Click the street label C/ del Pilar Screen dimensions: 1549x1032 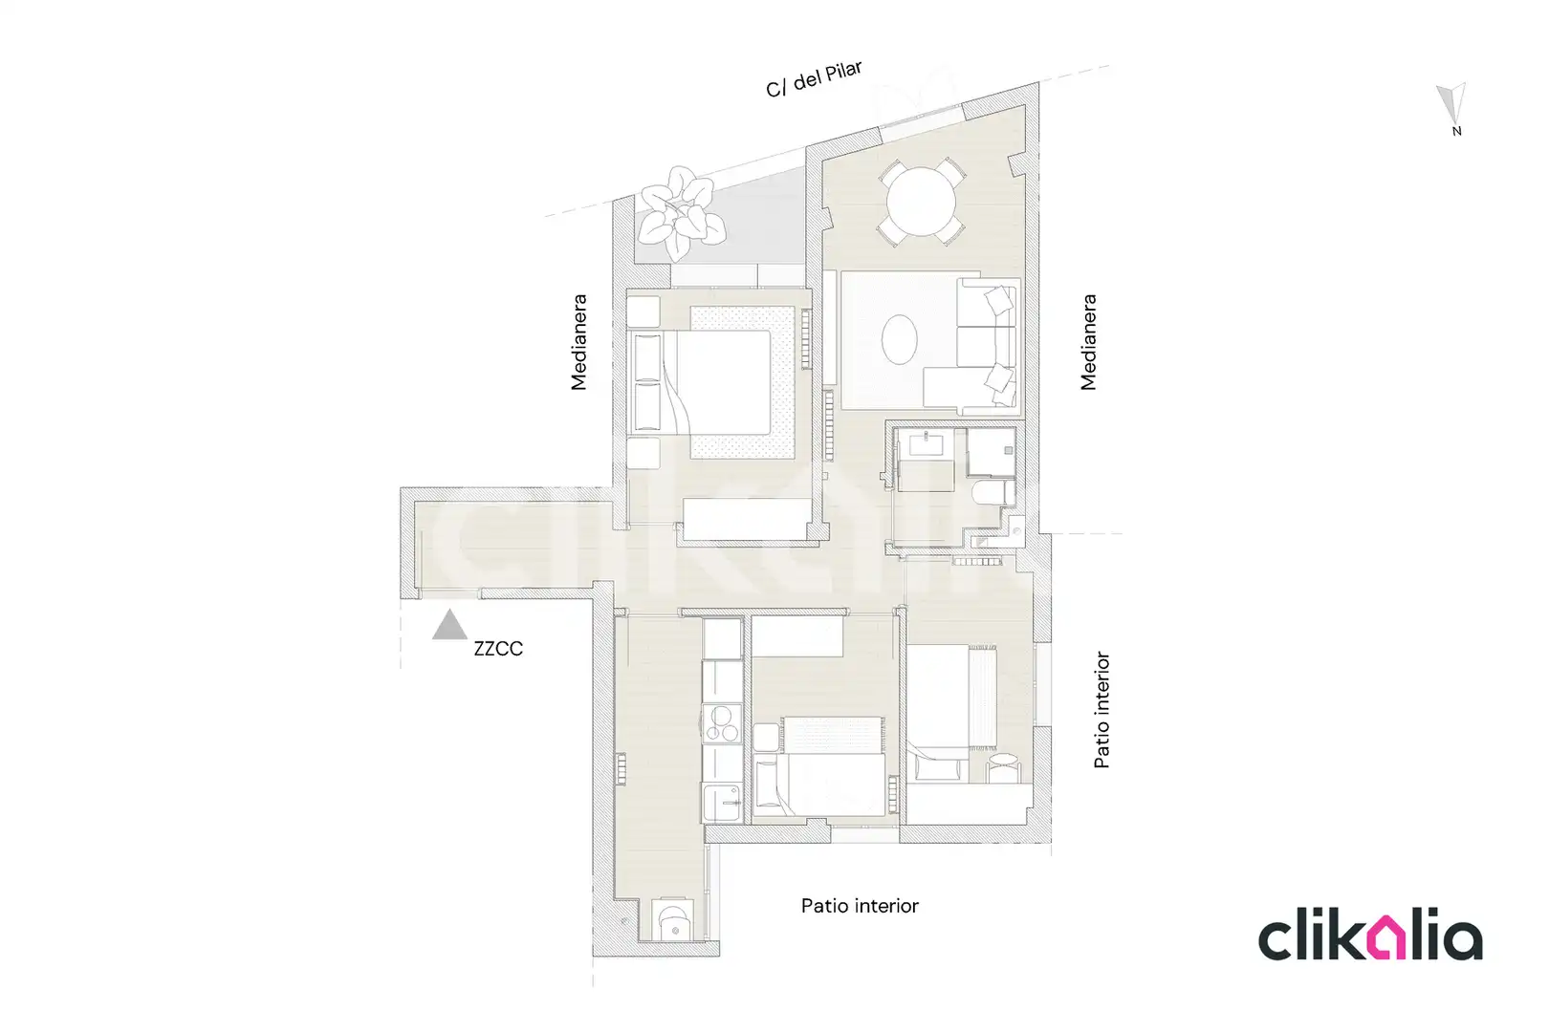[814, 79]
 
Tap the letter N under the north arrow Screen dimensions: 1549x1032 [1456, 131]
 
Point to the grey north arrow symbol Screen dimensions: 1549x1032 [1451, 104]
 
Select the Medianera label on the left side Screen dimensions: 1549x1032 [578, 342]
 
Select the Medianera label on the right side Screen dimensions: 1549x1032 [1088, 342]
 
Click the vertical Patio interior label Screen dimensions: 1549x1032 [1102, 710]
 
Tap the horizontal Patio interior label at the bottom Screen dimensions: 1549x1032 [860, 906]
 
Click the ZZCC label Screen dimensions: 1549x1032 [498, 649]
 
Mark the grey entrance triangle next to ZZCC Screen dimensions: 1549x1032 [449, 626]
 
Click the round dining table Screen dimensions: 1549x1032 [921, 203]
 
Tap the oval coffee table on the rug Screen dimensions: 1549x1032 [900, 339]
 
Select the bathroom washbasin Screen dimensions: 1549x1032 [927, 443]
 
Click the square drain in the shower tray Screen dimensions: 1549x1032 [1008, 450]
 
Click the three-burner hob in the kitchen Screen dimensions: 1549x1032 [722, 723]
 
